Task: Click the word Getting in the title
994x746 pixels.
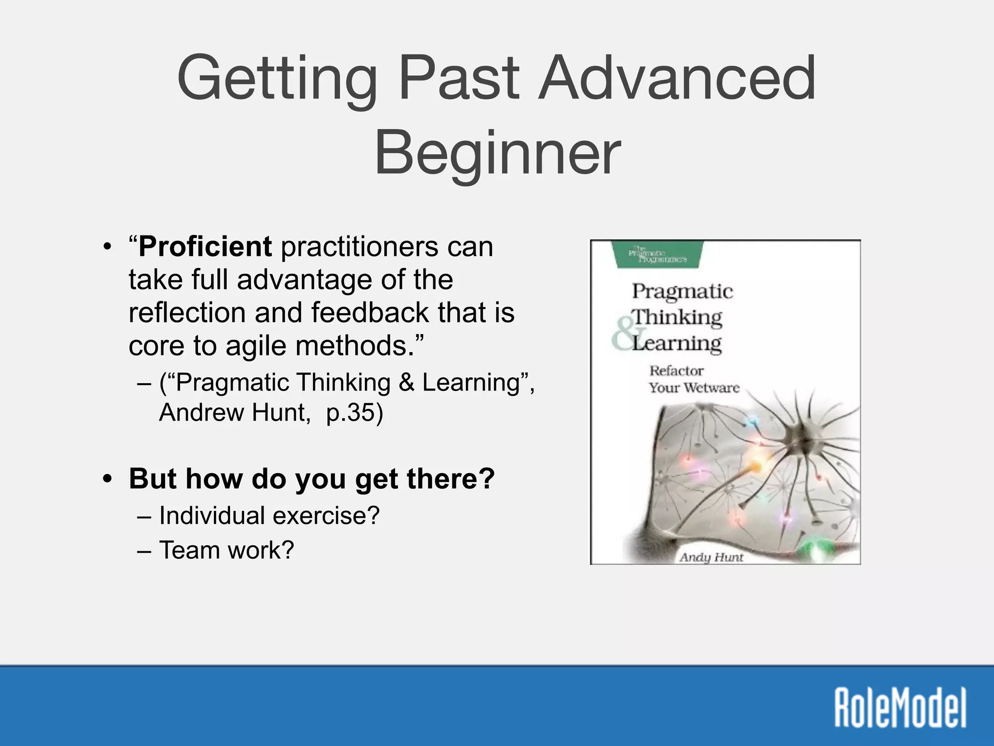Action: coord(277,80)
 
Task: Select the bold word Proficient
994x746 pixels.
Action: coord(205,247)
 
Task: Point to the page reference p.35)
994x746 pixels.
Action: coord(354,413)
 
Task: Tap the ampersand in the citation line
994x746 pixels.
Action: coord(406,383)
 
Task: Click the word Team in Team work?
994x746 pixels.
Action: coord(188,551)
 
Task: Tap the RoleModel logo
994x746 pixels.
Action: coord(900,707)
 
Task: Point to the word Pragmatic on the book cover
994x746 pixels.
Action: coord(682,291)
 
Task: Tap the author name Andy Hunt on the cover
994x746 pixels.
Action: coord(711,557)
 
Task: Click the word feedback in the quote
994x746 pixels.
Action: coord(370,313)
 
